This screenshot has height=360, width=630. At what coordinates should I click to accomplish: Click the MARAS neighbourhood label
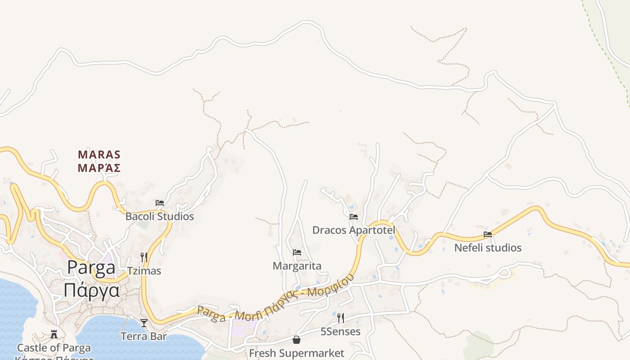coord(99,155)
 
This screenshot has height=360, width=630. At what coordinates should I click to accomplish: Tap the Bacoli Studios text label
coord(159,216)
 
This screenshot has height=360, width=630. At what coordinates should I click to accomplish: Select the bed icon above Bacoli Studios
coord(159,203)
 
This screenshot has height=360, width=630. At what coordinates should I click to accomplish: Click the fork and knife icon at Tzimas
coord(144,257)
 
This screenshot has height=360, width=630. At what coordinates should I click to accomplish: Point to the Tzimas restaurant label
coord(144,271)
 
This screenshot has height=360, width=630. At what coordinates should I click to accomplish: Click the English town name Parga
coord(91,268)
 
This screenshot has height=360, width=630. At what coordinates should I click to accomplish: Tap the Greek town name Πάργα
coord(91,290)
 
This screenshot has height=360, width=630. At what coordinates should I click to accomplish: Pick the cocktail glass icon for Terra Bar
coord(144,323)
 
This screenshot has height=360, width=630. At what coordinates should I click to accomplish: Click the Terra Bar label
coord(144,336)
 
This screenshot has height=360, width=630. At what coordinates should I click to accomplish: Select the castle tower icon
coord(54,334)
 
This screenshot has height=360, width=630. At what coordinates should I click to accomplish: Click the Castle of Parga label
coord(54,348)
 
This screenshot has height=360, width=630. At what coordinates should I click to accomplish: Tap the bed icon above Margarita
coord(297,252)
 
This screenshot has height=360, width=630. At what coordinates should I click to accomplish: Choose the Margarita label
coord(297,266)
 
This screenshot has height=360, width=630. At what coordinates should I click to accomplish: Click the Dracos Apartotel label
coord(354,230)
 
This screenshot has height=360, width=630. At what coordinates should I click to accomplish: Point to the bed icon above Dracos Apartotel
coord(354,217)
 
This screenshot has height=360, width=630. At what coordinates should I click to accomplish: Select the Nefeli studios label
coord(488,248)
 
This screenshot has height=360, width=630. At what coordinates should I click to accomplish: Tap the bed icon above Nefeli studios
coord(488,234)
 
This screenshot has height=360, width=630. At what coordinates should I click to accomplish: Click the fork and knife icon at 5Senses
coord(341,318)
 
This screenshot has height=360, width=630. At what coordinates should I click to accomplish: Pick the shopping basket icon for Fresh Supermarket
coord(297,340)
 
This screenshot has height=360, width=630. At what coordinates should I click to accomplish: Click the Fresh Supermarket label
coord(297,353)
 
